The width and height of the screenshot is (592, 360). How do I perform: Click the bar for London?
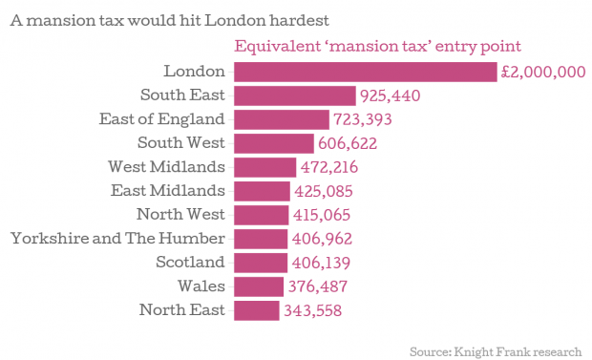point(366,72)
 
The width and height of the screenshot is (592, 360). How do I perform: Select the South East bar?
point(295,95)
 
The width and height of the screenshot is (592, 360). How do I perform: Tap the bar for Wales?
point(259,286)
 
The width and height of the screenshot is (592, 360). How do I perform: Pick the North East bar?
point(257,310)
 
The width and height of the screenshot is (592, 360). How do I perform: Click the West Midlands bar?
point(265,167)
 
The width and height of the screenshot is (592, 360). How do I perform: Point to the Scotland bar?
point(261,263)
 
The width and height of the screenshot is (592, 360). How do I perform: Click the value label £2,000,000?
point(543,72)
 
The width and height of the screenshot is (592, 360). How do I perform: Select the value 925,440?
point(390,95)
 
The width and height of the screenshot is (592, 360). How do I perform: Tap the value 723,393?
point(363,119)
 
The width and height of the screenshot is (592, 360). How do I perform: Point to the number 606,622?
point(348,143)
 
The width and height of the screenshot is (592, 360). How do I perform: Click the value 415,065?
point(322,215)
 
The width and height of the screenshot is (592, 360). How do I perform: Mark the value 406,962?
point(322,239)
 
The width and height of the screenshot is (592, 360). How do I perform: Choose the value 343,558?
point(312,310)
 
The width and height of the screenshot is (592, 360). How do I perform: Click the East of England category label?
point(162,119)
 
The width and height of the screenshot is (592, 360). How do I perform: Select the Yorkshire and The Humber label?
point(117,239)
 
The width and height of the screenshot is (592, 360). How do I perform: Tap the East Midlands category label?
point(168,190)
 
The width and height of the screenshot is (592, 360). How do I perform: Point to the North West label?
point(180,214)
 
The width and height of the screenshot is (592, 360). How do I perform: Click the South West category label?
point(181,143)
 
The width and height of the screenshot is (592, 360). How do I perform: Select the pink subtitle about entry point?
point(377,47)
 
